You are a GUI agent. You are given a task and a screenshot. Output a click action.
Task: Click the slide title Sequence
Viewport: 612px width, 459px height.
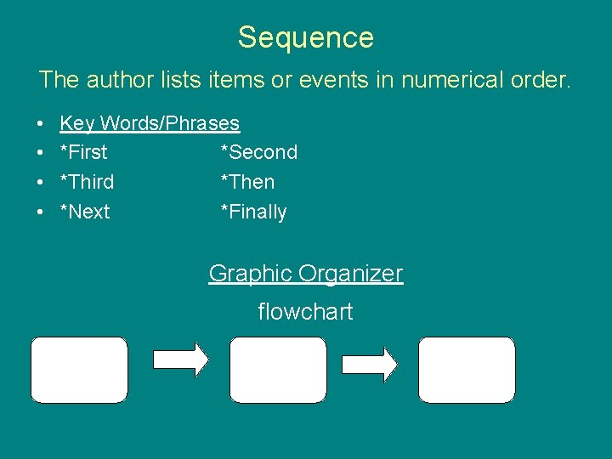click(305, 37)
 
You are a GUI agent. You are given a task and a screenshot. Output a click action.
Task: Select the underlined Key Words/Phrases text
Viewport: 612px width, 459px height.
click(150, 123)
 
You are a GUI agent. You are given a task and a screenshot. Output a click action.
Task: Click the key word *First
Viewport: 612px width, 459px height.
click(83, 153)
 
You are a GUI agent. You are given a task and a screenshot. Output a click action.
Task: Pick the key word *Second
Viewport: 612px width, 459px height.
click(258, 153)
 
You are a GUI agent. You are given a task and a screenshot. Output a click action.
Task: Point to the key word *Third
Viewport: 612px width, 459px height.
click(87, 182)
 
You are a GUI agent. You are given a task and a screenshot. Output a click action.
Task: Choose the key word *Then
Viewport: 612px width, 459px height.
click(247, 182)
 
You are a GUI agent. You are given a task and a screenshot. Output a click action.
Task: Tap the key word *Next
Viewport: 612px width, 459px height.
click(84, 212)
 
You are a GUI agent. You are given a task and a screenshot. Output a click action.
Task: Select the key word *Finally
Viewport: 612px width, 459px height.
click(253, 212)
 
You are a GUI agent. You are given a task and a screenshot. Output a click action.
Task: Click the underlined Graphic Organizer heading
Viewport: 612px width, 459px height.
click(306, 274)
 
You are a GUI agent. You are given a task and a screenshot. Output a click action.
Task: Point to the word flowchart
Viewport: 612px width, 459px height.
click(305, 312)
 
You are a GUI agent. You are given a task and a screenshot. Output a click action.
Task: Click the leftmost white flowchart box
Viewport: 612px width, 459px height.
click(79, 370)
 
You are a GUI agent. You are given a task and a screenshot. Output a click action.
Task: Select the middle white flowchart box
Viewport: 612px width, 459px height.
click(278, 370)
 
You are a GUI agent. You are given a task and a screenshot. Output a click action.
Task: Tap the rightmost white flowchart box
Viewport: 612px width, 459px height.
click(467, 370)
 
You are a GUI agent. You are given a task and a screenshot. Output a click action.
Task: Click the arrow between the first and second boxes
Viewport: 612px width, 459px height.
click(179, 360)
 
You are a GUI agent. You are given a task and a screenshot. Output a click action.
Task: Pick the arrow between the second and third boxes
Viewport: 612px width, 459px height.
click(369, 364)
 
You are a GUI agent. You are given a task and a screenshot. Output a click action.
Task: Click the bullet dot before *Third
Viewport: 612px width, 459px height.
click(42, 183)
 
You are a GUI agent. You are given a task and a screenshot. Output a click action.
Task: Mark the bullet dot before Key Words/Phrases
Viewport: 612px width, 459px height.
click(42, 124)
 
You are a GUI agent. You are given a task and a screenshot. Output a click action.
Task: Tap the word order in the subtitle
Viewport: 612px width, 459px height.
click(544, 80)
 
